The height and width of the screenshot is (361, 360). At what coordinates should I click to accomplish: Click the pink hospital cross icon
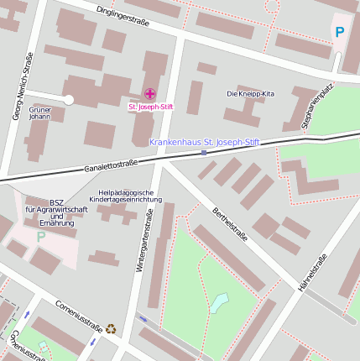pos(150,94)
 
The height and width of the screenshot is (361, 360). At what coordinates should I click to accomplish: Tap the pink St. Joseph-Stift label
pos(150,107)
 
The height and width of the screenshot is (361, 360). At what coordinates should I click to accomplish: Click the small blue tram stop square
pos(204,153)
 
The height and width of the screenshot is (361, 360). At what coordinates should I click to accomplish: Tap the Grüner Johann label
pos(40,113)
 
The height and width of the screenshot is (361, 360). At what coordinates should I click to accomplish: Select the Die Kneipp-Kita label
pos(251,93)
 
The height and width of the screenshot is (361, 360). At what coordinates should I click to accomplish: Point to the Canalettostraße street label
pos(111,165)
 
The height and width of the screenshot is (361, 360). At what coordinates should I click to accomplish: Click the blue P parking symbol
pos(340,32)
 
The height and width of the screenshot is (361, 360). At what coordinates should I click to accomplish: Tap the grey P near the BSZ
pos(40,236)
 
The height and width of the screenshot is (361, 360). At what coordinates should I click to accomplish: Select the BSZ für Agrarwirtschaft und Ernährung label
pos(56,212)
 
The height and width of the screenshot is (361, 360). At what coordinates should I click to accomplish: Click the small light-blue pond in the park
pos(218,301)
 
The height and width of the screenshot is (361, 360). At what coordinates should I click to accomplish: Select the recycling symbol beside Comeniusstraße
pos(111,329)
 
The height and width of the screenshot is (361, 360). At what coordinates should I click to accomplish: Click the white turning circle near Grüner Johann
pos(69,99)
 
